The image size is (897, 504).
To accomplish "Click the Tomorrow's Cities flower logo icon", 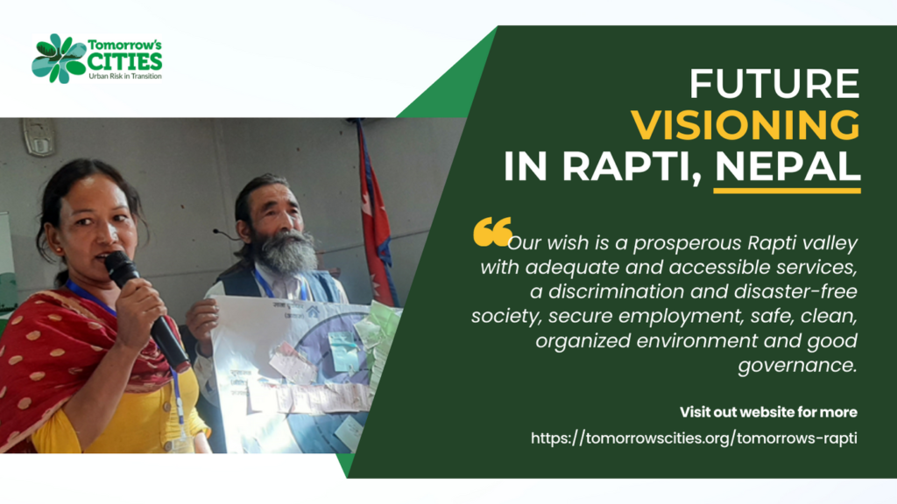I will point(59,59).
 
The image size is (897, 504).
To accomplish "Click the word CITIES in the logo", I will point(124,61).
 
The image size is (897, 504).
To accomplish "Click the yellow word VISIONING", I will point(745,125).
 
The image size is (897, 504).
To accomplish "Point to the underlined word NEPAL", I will point(787,166).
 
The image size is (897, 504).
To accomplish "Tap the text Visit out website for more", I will point(768,411).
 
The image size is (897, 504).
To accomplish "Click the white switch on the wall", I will point(39,136).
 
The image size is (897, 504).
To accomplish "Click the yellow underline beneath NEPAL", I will point(787,189).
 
